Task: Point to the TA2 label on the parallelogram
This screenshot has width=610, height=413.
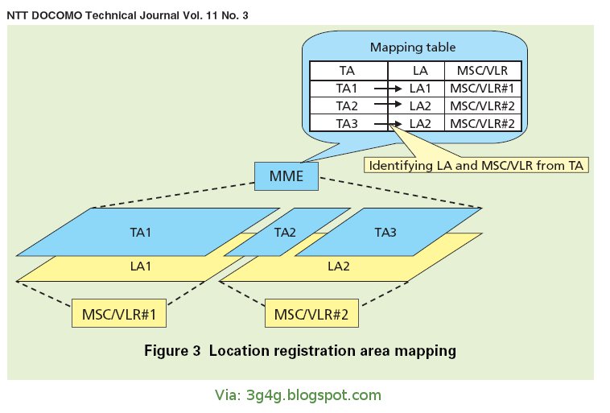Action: click(286, 232)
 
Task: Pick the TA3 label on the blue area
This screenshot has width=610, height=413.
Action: click(385, 232)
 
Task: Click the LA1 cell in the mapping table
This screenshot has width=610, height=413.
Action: click(421, 88)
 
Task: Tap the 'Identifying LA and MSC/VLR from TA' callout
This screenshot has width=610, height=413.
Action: click(476, 166)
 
